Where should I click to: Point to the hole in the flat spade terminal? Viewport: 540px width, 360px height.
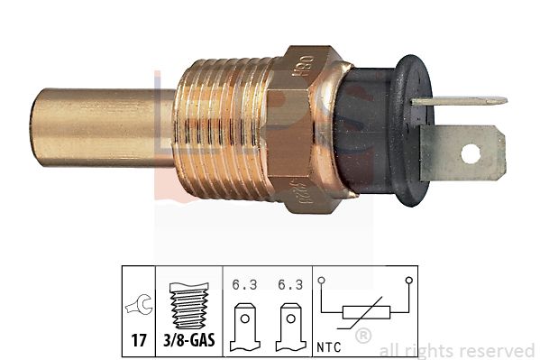[471, 153]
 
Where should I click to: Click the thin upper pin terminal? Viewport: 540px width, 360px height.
[460, 101]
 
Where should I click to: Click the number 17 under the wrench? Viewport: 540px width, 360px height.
[141, 343]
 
